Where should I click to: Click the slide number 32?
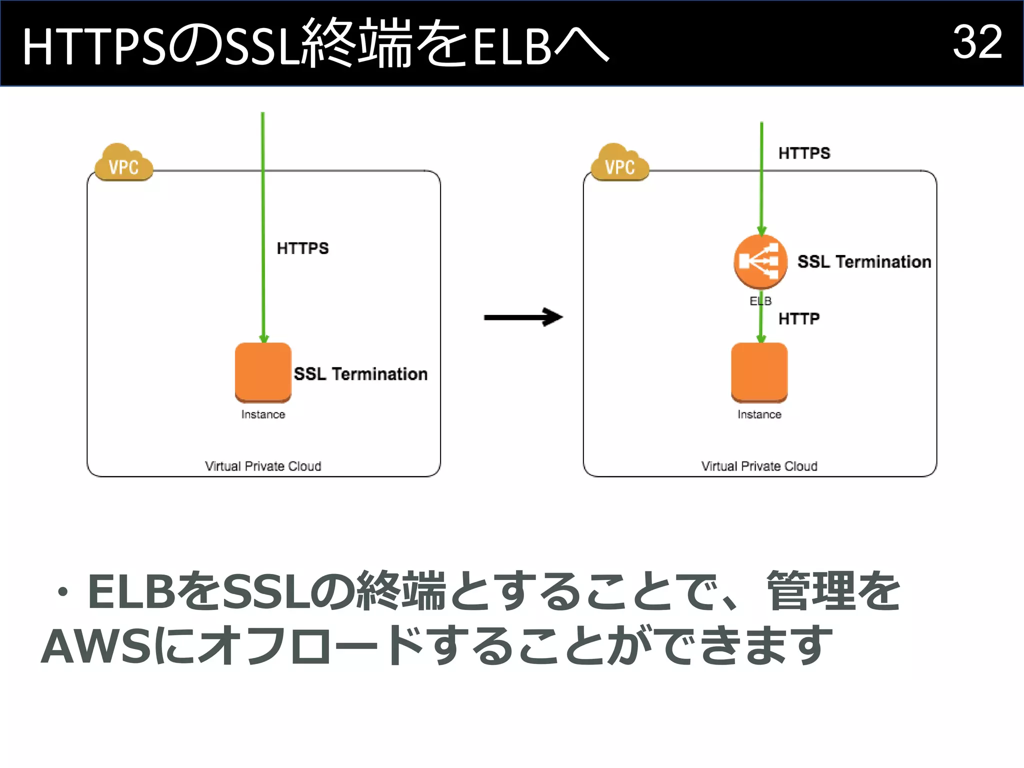point(977,42)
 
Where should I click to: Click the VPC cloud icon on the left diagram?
point(123,163)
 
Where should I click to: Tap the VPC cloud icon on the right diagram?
point(619,163)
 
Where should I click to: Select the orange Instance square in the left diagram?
point(263,372)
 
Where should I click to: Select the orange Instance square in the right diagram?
point(759,372)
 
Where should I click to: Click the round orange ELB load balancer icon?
point(760,261)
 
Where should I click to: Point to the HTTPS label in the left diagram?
point(302,248)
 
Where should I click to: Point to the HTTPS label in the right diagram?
point(804,153)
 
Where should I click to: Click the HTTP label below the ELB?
point(798,318)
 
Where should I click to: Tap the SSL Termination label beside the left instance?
point(360,374)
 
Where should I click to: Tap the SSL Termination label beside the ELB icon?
point(864,261)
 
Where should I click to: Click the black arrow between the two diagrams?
point(523,317)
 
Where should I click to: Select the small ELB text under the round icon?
point(760,301)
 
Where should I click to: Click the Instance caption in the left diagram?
point(263,414)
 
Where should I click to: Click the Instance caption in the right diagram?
point(759,414)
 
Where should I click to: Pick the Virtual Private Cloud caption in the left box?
point(263,466)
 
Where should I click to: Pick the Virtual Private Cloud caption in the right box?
point(759,466)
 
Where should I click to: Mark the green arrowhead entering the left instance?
point(264,338)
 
